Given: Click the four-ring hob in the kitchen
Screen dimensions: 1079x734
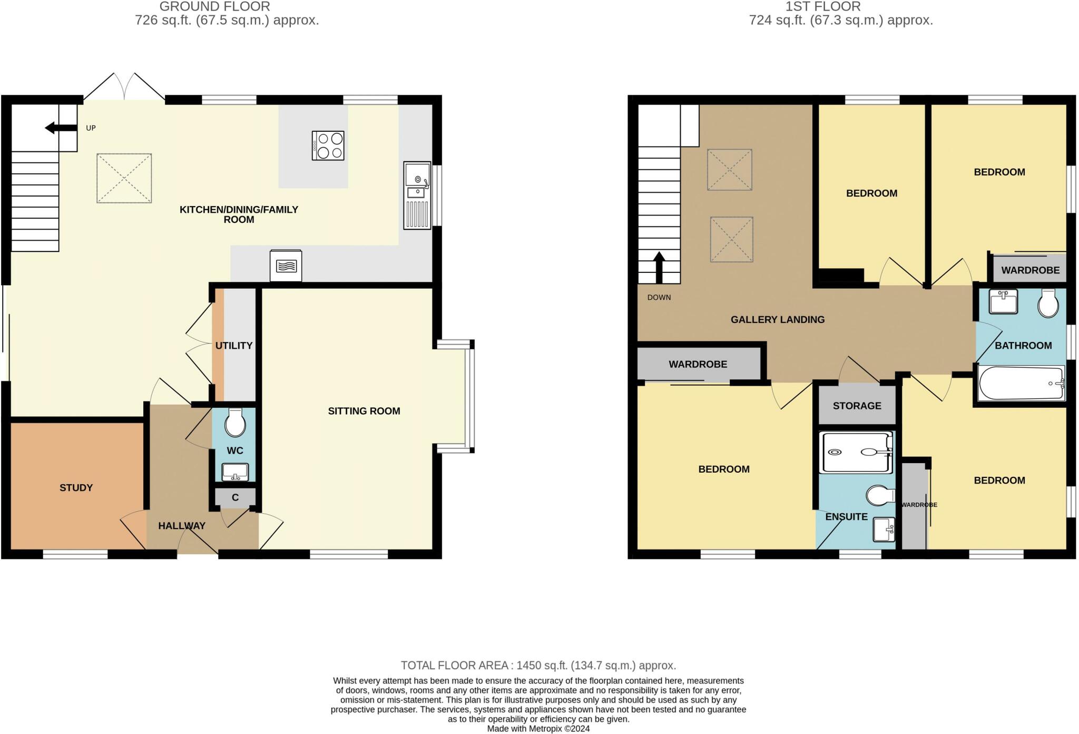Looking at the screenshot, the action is [x=328, y=145].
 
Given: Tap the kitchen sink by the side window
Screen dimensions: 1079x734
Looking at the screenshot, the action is [x=417, y=195].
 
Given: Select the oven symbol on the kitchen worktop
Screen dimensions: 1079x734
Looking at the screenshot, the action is [x=286, y=266].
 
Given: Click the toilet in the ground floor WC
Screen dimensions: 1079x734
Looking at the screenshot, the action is [x=235, y=423].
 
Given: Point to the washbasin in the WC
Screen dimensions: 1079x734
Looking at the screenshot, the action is [x=235, y=472].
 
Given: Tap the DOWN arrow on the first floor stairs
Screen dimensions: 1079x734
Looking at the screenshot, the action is [x=659, y=268].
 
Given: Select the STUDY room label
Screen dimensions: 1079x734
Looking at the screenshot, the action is [x=76, y=488].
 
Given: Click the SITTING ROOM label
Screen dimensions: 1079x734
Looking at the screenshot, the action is [x=364, y=411].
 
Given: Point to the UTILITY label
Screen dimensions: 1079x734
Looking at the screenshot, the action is [x=234, y=346].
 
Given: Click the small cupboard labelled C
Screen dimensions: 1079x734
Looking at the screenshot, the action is [x=235, y=497].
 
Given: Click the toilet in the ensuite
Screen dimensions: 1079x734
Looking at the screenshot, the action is [x=880, y=495].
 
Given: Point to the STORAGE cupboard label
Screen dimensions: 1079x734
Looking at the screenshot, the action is [x=857, y=406].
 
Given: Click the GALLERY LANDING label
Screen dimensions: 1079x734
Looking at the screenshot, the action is [x=778, y=319].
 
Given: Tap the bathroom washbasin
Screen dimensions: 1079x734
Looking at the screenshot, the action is [x=1004, y=301].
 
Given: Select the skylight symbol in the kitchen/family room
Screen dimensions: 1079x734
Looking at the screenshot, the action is [x=124, y=178].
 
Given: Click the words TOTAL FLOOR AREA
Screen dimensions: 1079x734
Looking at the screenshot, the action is [x=454, y=666].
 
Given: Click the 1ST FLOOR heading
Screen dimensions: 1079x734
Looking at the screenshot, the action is [x=823, y=6].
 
